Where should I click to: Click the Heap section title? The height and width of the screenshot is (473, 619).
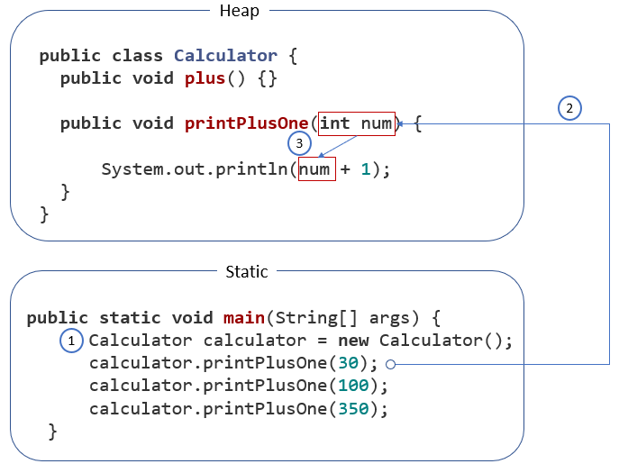[x=239, y=11]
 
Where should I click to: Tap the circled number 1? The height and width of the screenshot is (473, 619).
[x=71, y=340]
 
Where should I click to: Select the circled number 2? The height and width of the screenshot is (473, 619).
[x=569, y=108]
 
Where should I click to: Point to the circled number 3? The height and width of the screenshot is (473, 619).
[x=300, y=143]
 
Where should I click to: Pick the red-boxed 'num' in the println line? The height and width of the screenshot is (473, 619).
[x=316, y=168]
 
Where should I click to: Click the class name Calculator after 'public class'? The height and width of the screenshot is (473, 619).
[x=226, y=56]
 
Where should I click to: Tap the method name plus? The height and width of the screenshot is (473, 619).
[x=205, y=78]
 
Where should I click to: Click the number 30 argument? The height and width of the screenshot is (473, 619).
[x=348, y=363]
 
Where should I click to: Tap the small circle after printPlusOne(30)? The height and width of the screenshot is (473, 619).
[x=389, y=364]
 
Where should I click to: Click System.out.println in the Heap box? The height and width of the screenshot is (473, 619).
[x=199, y=168]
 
